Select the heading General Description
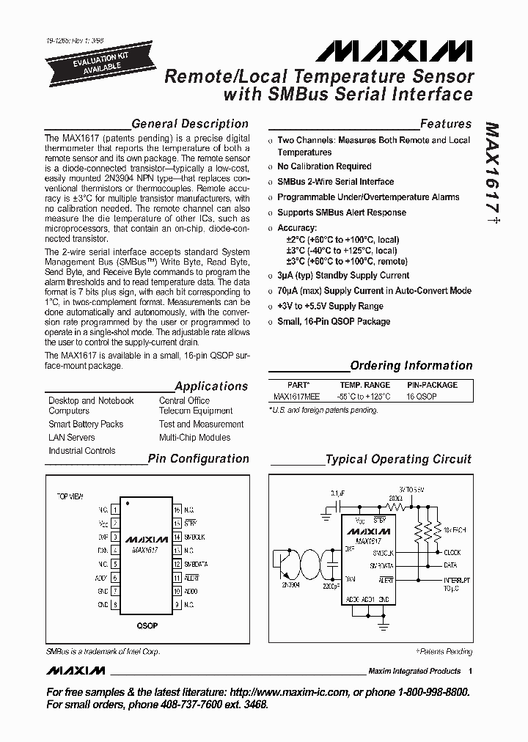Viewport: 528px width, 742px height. pos(190,124)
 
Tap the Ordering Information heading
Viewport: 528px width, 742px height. pos(411,365)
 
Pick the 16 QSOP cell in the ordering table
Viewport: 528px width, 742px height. pos(422,396)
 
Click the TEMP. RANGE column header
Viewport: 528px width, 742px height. pos(364,385)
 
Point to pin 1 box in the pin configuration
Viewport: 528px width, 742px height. pos(114,509)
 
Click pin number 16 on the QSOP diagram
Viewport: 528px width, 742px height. pos(177,509)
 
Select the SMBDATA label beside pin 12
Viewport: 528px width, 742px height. pos(196,564)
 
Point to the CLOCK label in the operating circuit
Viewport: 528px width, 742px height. pos(452,552)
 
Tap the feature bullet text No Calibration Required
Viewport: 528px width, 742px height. pos(324,166)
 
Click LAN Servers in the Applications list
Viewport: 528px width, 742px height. pos(72,438)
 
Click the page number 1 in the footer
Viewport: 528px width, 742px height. pos(470,671)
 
